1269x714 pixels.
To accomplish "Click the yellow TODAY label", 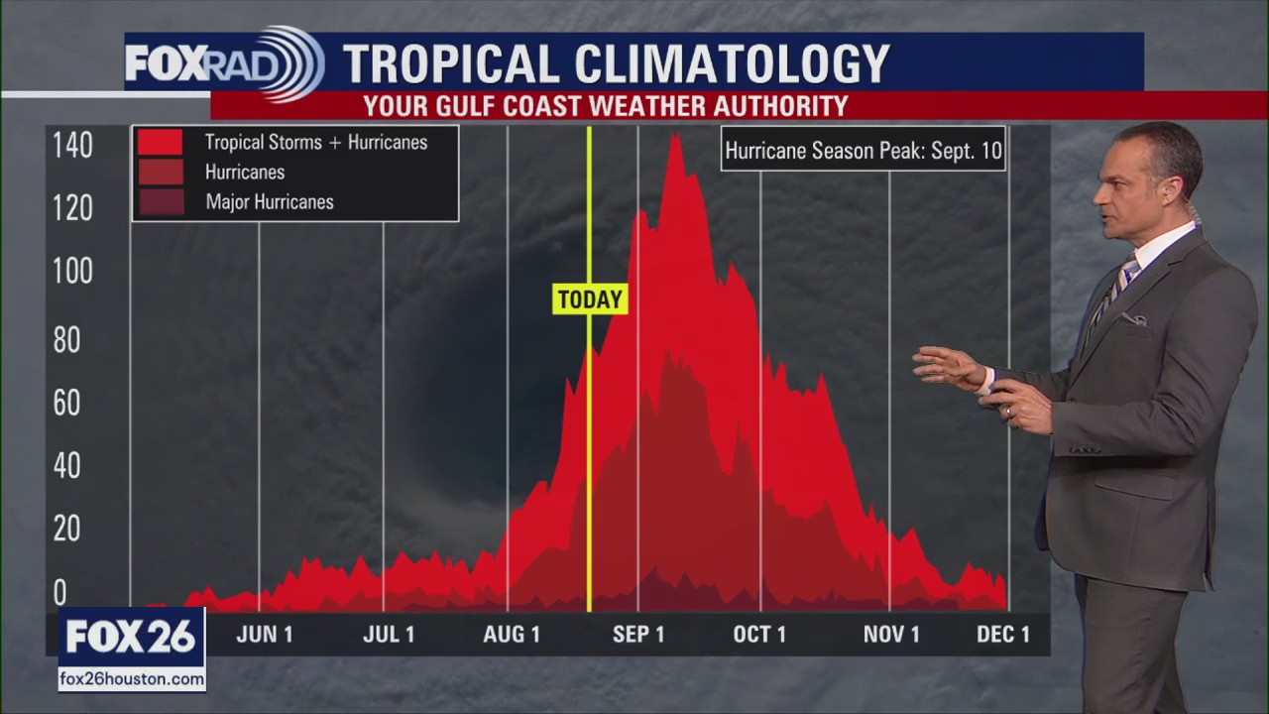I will tap(590, 299).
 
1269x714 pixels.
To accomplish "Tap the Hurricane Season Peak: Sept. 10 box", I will tap(863, 151).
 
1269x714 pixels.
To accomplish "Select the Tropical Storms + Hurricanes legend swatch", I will tap(160, 142).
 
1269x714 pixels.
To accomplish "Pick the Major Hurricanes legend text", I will tap(270, 202).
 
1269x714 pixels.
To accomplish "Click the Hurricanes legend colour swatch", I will tap(160, 173).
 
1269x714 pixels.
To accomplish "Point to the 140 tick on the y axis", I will tap(72, 146).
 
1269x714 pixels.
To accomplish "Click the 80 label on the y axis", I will tap(67, 340).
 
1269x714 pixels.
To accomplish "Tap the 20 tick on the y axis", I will tap(67, 529).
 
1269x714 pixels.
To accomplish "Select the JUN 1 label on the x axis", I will tap(265, 635).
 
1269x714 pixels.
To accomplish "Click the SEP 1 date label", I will tap(638, 635).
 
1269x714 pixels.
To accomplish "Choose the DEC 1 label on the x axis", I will tap(1003, 635).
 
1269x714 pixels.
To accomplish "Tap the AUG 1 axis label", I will tap(512, 635).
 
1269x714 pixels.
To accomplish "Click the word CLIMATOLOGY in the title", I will tap(733, 64).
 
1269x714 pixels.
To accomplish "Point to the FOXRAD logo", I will tap(224, 64).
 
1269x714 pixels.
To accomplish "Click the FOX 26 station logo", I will tap(131, 637).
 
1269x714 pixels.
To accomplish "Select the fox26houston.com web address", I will tap(132, 679).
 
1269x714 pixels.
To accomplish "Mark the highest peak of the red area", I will tap(675, 135).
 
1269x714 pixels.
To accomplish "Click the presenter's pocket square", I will tap(1133, 319).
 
